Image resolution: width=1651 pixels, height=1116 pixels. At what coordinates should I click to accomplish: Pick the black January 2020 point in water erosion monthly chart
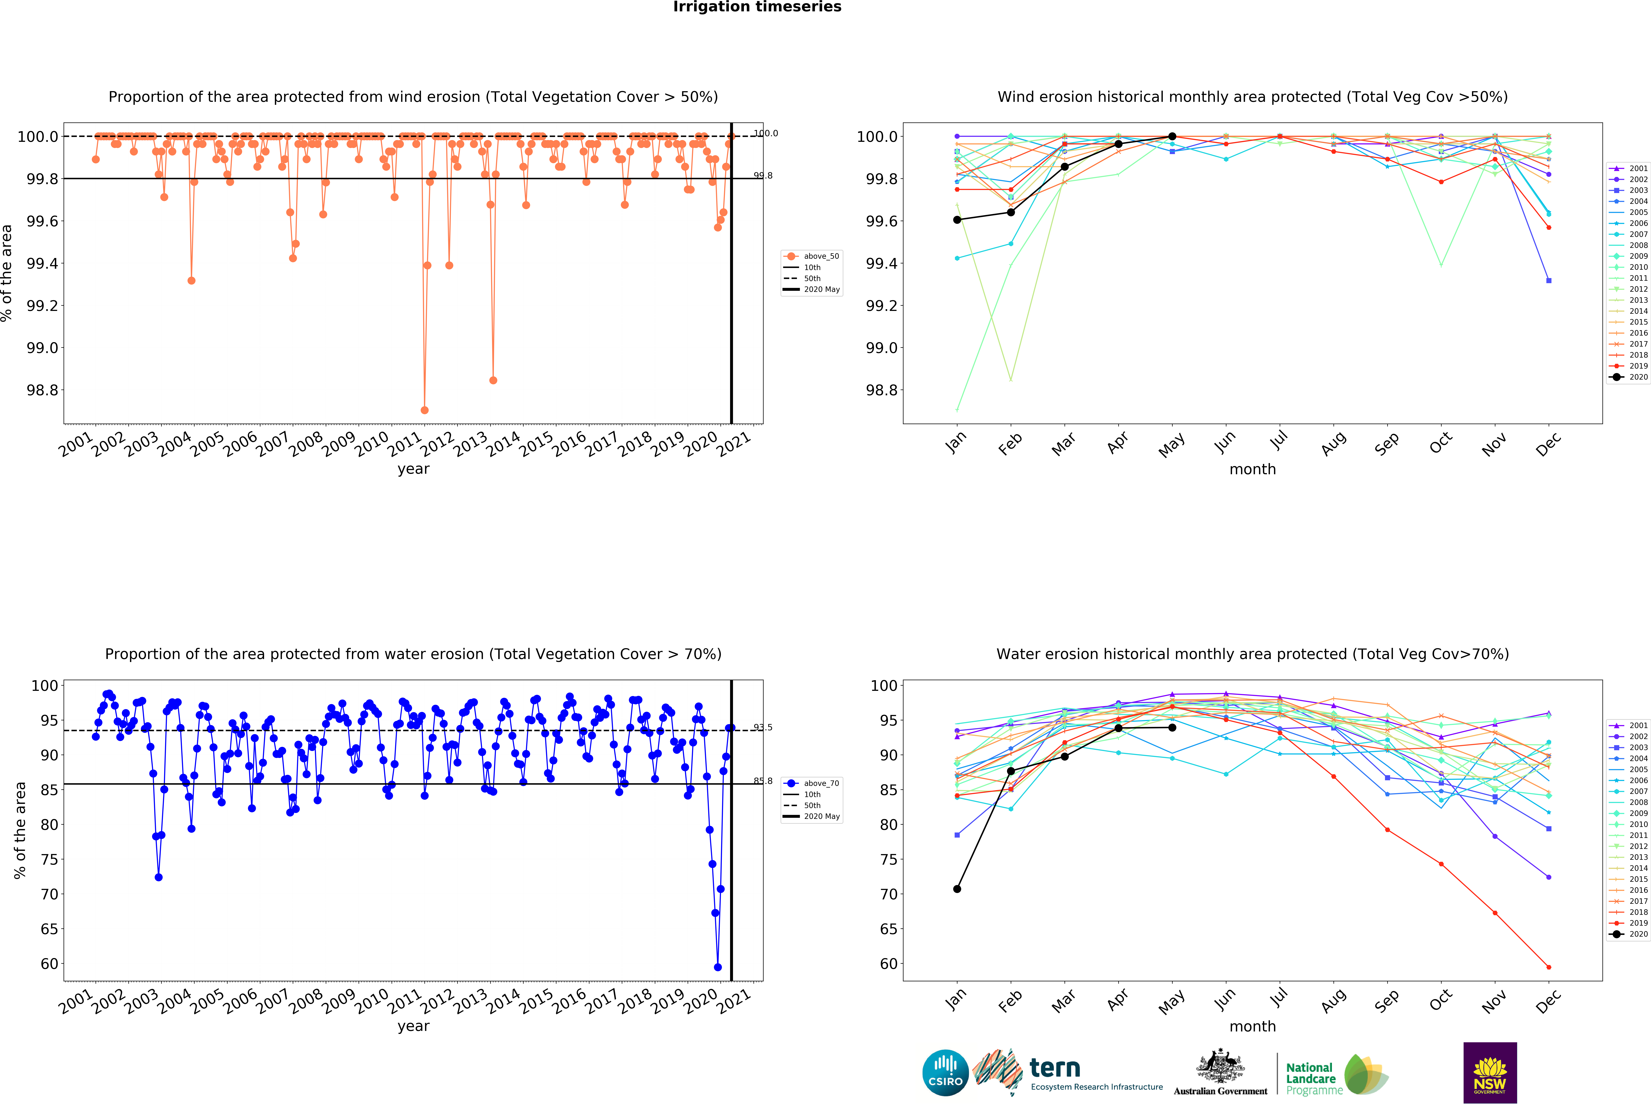pos(957,889)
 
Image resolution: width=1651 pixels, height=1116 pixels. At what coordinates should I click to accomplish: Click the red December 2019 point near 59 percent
pos(1549,967)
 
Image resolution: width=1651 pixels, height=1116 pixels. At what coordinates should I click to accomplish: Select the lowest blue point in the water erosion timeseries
pos(717,967)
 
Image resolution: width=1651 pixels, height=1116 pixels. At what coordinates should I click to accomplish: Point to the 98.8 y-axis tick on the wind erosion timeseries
pos(43,390)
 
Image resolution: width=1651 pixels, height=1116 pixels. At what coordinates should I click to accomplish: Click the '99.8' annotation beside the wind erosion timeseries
pos(763,176)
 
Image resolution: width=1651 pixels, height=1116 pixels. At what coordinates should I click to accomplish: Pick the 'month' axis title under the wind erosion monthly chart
pos(1252,470)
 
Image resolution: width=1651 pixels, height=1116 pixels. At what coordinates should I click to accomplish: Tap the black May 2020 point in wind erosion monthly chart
pos(1172,136)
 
